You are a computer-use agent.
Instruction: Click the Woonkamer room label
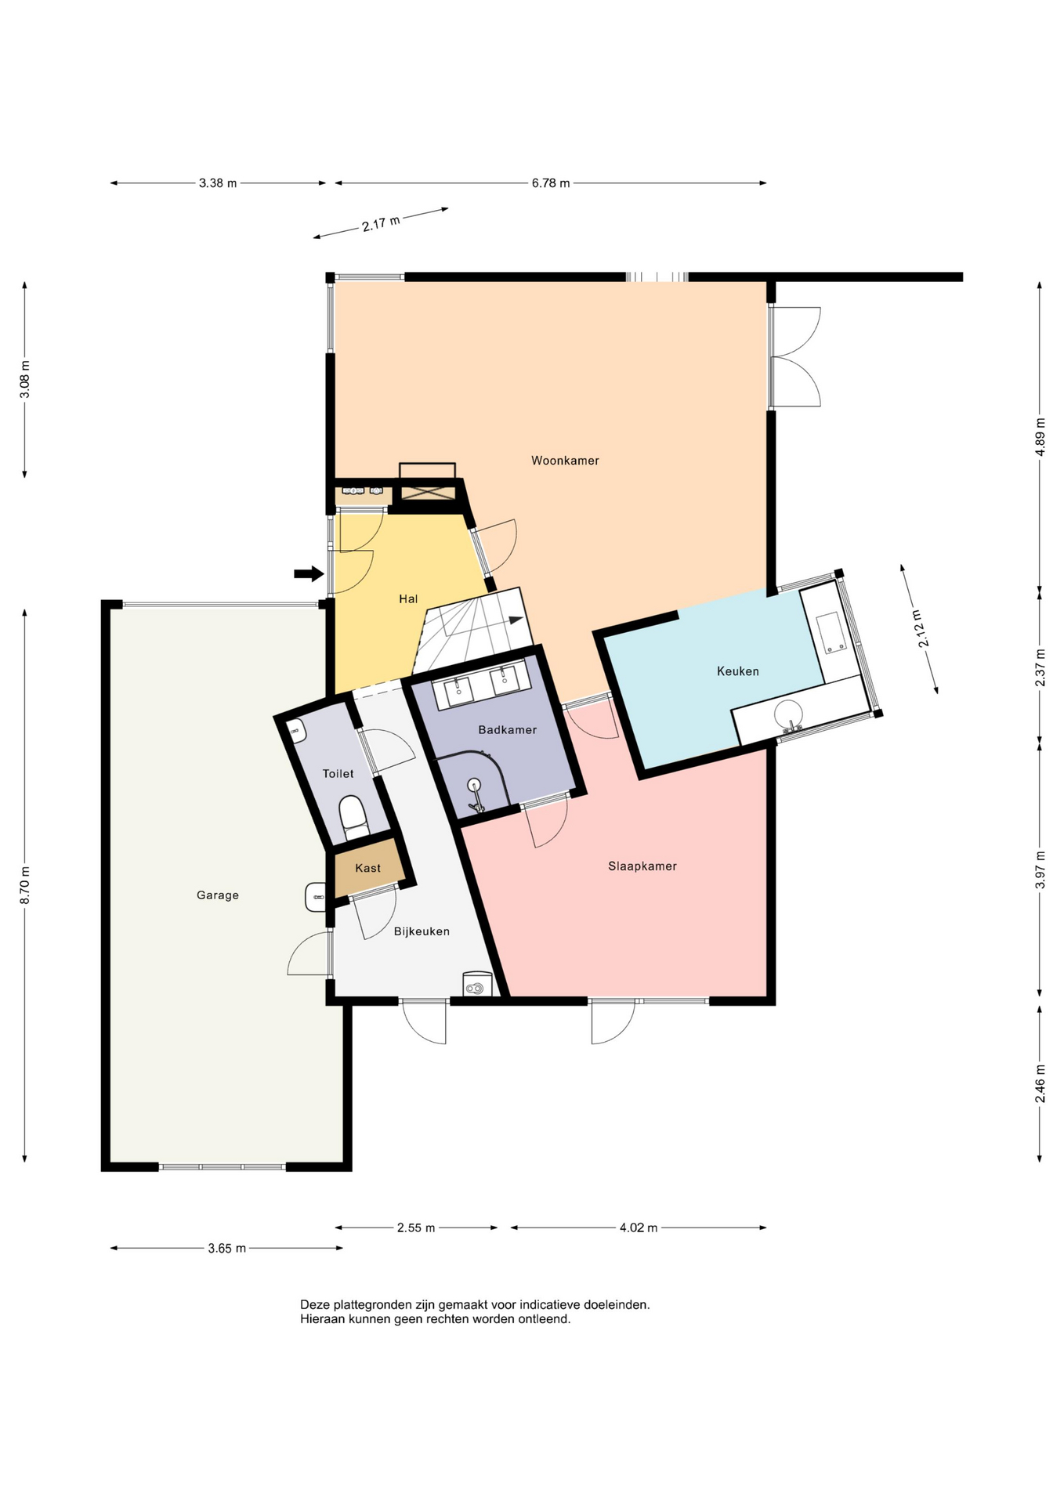pos(565,461)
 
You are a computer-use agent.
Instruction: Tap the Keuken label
pos(738,671)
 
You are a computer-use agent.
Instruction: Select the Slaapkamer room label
pos(642,866)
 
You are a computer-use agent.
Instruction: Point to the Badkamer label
pos(508,730)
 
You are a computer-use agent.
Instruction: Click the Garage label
pos(218,895)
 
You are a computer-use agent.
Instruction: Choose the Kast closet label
pos(368,868)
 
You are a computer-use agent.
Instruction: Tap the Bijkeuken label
pos(422,931)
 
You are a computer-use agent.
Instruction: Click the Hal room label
pos(408,599)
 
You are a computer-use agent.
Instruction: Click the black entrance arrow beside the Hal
pos(309,573)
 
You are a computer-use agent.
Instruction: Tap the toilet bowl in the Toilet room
pos(353,815)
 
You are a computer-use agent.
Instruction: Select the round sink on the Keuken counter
pos(789,714)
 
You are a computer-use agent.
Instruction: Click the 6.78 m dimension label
pos(551,183)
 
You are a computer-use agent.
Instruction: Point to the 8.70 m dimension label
pos(25,885)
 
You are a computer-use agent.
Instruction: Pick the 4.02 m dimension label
pos(639,1227)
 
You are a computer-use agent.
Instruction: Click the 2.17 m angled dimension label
pos(381,223)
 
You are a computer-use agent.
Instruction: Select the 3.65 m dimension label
pos(227,1249)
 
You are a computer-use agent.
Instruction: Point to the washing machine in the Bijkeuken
pos(476,985)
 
